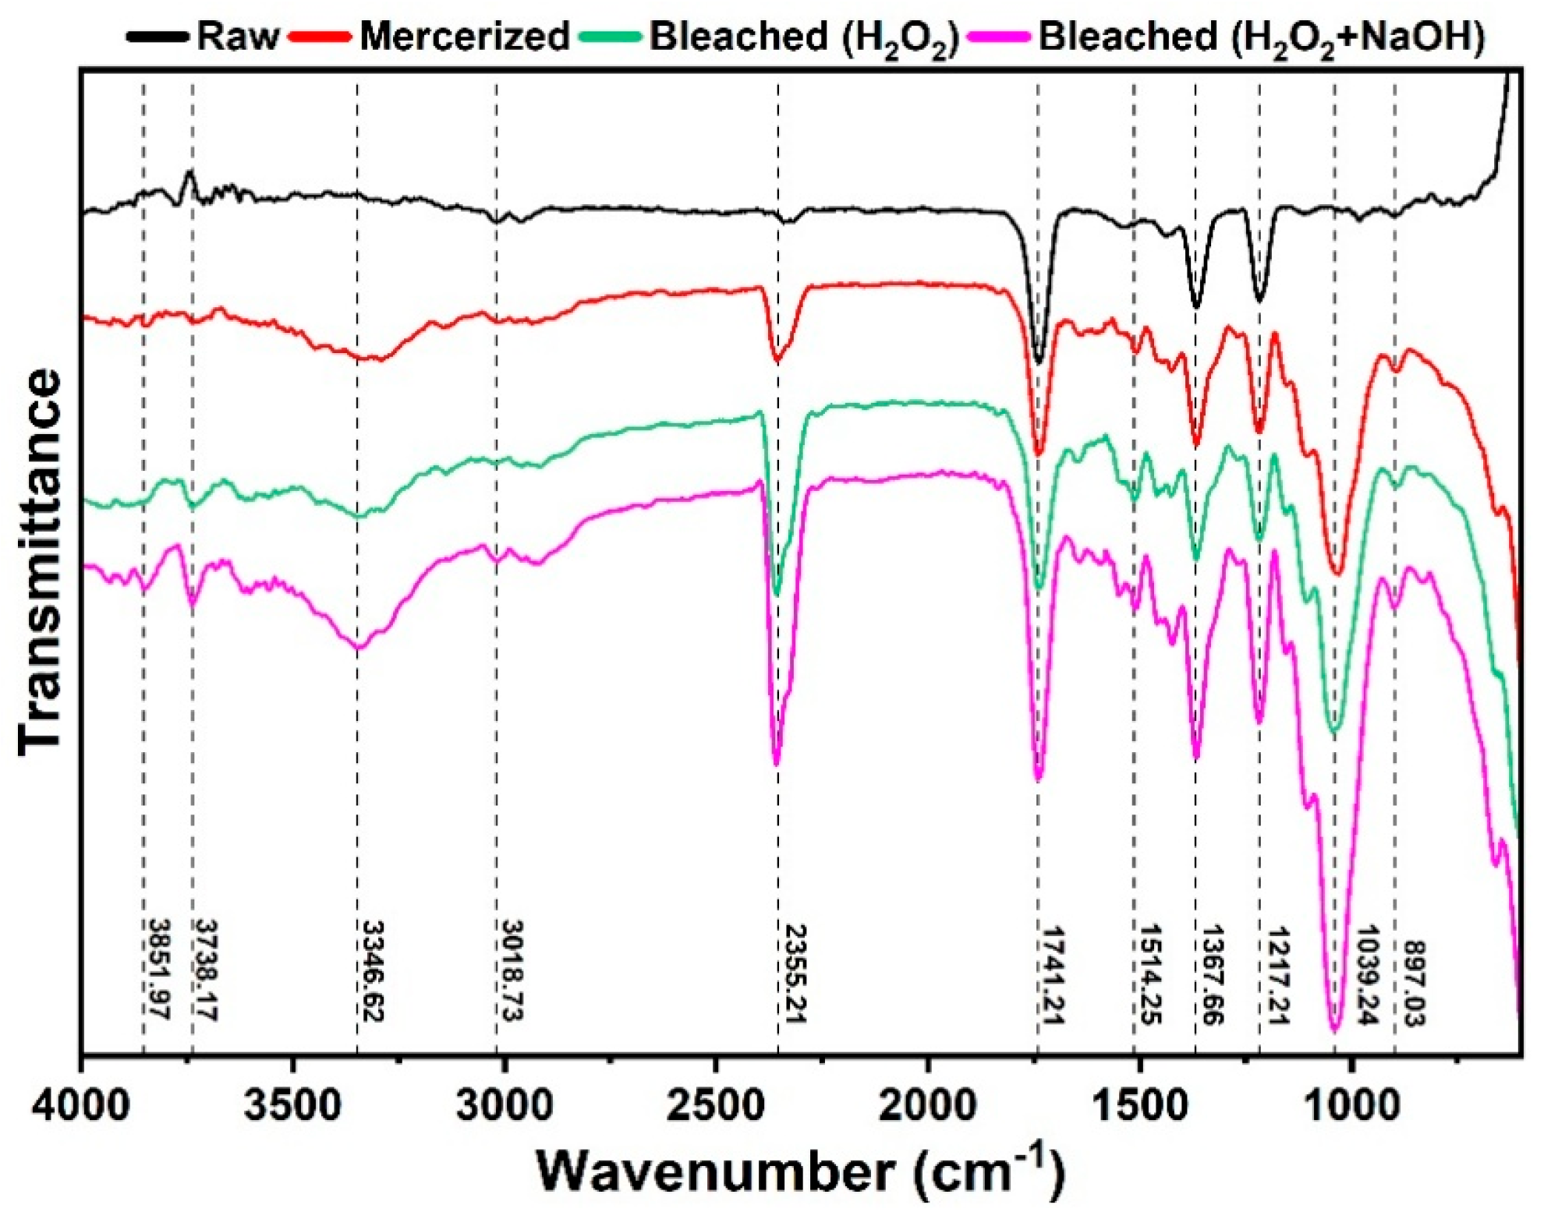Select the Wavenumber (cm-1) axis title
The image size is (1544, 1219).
(800, 1171)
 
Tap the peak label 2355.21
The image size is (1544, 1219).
(795, 973)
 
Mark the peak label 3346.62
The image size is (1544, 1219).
(374, 971)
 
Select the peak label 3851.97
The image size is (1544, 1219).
(159, 970)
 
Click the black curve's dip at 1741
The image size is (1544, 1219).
(1038, 362)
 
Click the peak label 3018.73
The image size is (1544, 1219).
(512, 970)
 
